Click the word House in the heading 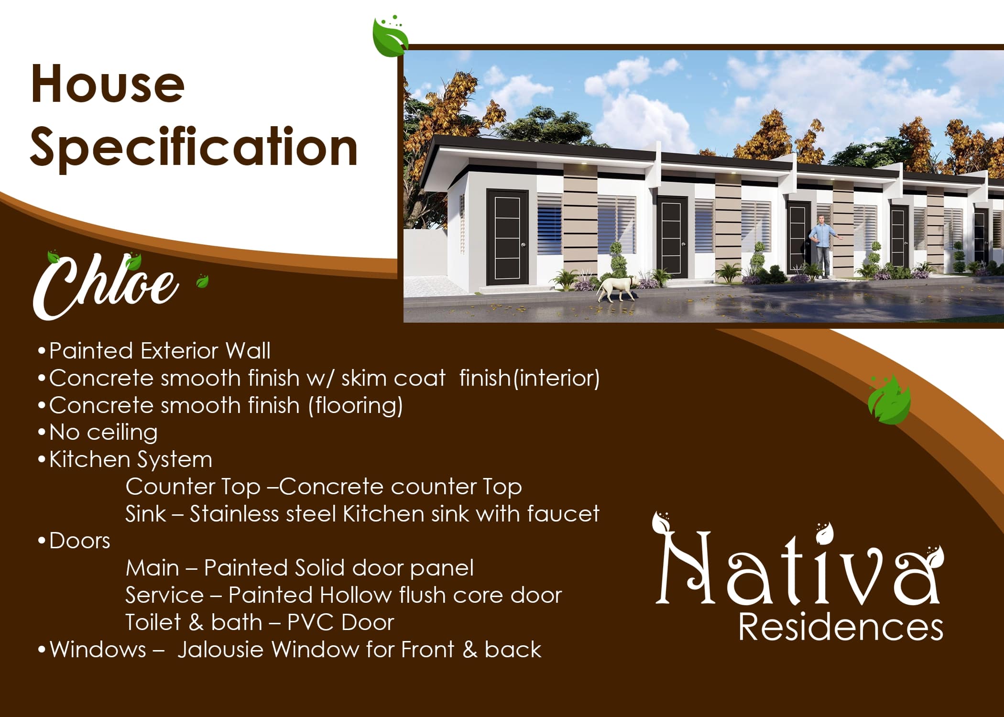pos(108,85)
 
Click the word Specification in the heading pos(194,148)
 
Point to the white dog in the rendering pos(616,288)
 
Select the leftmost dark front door pos(507,237)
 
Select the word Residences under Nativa pos(840,627)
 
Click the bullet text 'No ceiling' pos(103,432)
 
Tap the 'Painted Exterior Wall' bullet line pos(160,351)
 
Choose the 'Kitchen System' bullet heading pos(131,459)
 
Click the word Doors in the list pos(79,541)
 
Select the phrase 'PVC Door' pos(340,622)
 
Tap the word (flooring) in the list pos(355,406)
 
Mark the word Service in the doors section pos(164,595)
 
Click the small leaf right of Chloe pos(202,282)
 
